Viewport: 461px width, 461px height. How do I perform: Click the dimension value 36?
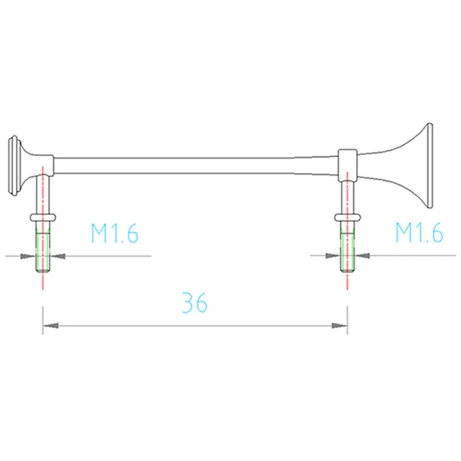coord(195,302)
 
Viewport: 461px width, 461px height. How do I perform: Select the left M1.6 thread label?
coord(114,233)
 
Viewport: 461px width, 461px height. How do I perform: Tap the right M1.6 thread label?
coord(419,233)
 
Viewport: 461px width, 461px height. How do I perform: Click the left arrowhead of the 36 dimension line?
coord(51,325)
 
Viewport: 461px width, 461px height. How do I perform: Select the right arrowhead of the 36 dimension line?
coord(339,325)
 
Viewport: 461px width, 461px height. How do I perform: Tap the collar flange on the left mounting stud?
coord(43,217)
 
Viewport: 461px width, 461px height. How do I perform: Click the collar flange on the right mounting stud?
coord(347,217)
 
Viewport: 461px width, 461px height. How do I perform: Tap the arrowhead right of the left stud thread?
coord(59,255)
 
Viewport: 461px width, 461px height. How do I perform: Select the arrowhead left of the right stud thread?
coord(332,255)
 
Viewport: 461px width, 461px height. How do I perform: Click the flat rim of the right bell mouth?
coord(430,166)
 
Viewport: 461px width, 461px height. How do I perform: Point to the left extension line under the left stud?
coord(43,320)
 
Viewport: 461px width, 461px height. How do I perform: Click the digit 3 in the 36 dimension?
coord(188,302)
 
